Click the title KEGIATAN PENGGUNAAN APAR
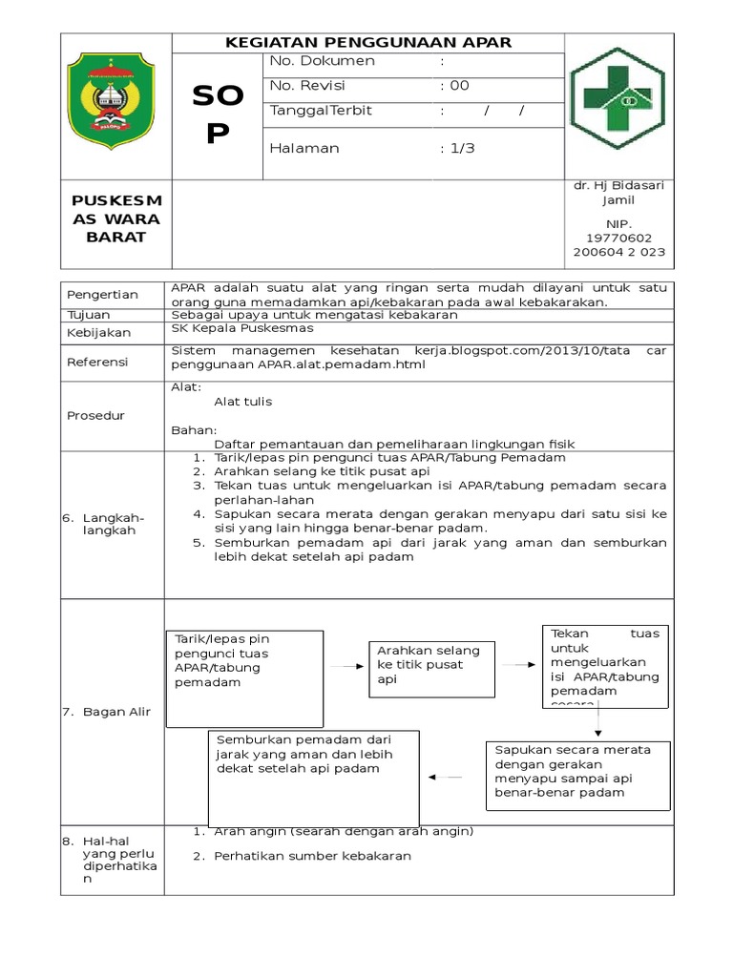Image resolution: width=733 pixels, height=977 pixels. click(x=368, y=42)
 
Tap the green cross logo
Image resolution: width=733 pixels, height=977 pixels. click(x=617, y=99)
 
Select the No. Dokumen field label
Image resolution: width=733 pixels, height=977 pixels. click(x=323, y=61)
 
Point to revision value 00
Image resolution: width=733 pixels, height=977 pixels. click(x=455, y=86)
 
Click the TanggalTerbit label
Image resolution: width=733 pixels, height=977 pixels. click(x=321, y=111)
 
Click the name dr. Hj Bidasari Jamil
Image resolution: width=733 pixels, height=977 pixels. click(x=618, y=193)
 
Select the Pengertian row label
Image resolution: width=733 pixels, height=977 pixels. click(x=103, y=295)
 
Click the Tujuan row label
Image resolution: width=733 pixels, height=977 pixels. click(x=89, y=315)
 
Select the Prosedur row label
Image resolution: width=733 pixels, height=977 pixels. click(x=95, y=416)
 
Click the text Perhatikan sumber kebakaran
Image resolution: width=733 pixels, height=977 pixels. click(x=312, y=856)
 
